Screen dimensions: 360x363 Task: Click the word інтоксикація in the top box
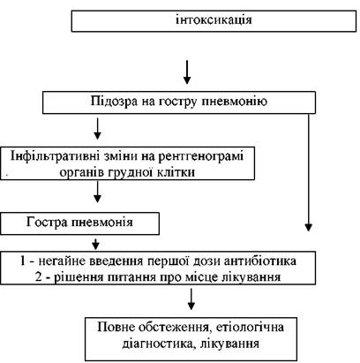tap(214, 20)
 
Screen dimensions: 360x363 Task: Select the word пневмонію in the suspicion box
tap(235, 102)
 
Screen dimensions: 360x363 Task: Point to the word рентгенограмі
tap(201, 156)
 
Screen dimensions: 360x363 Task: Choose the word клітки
tap(177, 171)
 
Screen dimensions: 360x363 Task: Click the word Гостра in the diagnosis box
tap(47, 222)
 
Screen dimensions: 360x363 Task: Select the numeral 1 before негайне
tap(23, 261)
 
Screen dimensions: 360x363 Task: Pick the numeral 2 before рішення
tap(38, 277)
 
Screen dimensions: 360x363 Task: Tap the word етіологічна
tap(250, 328)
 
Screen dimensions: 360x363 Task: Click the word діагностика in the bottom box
tap(159, 344)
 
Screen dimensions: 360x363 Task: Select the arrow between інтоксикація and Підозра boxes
tap(187, 72)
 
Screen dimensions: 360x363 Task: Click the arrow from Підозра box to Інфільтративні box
tap(97, 129)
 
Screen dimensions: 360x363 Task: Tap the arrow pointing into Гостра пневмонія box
tap(97, 192)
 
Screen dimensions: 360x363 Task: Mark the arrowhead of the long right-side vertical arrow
tap(309, 227)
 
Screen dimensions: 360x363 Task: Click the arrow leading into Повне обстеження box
tap(191, 299)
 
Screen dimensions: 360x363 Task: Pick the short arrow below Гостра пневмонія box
tap(95, 243)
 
